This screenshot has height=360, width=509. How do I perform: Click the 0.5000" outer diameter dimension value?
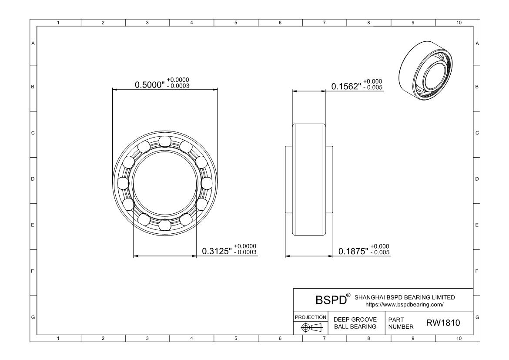[150, 85]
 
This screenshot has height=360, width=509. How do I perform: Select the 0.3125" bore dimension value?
[217, 251]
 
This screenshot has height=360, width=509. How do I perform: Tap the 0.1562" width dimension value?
[346, 87]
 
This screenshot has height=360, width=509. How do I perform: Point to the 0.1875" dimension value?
[353, 251]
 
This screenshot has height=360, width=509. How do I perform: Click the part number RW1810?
[443, 323]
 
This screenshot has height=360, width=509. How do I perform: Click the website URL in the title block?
[404, 305]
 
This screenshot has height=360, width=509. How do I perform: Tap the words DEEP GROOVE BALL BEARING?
[355, 323]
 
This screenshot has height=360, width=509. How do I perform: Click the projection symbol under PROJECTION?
[311, 327]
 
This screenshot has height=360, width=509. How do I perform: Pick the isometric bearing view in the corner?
[425, 71]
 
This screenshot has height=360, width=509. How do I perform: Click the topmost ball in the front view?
[165, 141]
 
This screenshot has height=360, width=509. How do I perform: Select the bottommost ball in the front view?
[165, 225]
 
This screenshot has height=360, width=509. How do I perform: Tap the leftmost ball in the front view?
[124, 183]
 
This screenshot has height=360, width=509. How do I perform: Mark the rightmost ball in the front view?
[207, 183]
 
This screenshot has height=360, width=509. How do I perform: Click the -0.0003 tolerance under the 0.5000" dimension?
[178, 86]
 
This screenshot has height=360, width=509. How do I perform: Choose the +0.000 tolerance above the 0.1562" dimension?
[373, 81]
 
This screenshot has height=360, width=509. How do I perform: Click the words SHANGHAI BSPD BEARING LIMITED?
[405, 297]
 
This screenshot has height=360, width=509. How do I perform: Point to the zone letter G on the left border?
[33, 317]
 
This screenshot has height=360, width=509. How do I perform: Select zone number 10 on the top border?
[459, 23]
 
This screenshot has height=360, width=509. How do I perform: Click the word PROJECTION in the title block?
[311, 317]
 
